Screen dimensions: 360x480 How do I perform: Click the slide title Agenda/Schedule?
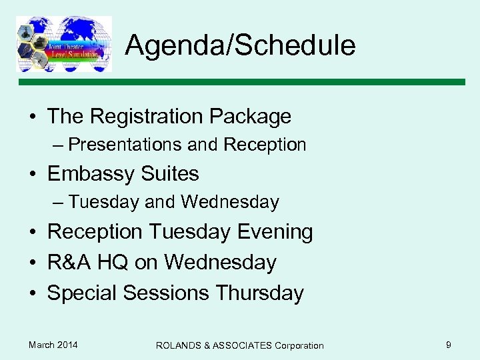point(240,45)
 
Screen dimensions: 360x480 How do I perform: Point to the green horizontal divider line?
point(240,82)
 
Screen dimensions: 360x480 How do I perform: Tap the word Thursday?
point(260,293)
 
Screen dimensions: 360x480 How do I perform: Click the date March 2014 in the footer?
point(53,345)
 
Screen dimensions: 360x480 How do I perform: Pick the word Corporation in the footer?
point(298,345)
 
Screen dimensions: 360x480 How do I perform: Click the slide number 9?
point(449,345)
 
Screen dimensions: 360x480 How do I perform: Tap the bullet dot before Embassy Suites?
point(32,175)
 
